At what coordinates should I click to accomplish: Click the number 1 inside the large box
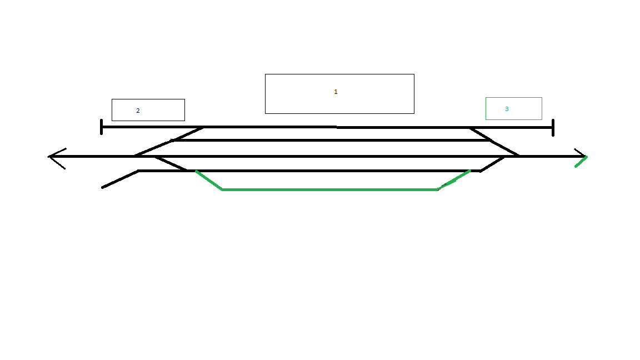coord(336,92)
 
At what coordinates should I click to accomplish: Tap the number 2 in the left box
coord(138,111)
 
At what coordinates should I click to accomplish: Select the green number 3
coord(507,109)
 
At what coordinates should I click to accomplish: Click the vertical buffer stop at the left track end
coord(101,127)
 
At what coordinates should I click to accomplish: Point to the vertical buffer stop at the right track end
coord(553,128)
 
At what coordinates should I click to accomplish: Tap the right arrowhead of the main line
coord(581,153)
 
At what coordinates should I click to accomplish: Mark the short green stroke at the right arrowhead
coord(581,162)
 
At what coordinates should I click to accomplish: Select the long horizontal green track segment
coord(330,190)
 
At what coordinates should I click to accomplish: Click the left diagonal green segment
coord(209,181)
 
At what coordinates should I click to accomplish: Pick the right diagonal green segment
coord(454,180)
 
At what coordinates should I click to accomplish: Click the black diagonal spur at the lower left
coord(120,179)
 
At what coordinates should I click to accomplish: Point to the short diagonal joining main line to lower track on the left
coord(171,163)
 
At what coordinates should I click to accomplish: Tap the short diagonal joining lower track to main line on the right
coord(492,164)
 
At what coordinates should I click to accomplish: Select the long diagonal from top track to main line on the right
coord(494,142)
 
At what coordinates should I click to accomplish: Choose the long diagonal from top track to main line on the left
coord(169,142)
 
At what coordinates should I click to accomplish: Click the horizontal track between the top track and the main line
coord(332,141)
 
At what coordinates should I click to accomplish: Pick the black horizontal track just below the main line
coord(309,171)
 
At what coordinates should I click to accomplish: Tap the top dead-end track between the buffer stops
coord(327,127)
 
